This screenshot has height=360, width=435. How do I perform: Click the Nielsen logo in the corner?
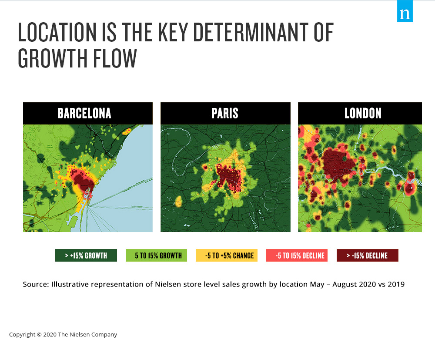click(405, 11)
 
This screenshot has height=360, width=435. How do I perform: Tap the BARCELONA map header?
click(88, 113)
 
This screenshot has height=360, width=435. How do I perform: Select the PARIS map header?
click(225, 113)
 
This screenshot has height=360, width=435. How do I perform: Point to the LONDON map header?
click(360, 113)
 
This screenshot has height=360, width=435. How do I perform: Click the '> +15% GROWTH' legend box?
click(86, 256)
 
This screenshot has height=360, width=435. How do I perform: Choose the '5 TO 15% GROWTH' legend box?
click(156, 256)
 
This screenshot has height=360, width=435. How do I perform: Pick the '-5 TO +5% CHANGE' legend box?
click(227, 256)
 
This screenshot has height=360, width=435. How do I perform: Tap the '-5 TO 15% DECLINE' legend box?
click(297, 256)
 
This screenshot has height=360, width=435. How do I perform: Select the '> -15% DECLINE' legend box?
click(367, 256)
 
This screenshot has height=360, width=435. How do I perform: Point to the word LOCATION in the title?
click(57, 32)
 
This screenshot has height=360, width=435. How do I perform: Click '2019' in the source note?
click(396, 285)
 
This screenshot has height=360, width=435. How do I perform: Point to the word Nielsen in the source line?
click(165, 285)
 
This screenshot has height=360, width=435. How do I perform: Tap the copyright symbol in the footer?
click(39, 335)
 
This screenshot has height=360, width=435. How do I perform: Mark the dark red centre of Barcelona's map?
click(83, 180)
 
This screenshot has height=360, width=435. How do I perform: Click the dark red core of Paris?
click(229, 178)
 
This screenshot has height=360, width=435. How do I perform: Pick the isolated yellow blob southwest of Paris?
click(179, 202)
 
